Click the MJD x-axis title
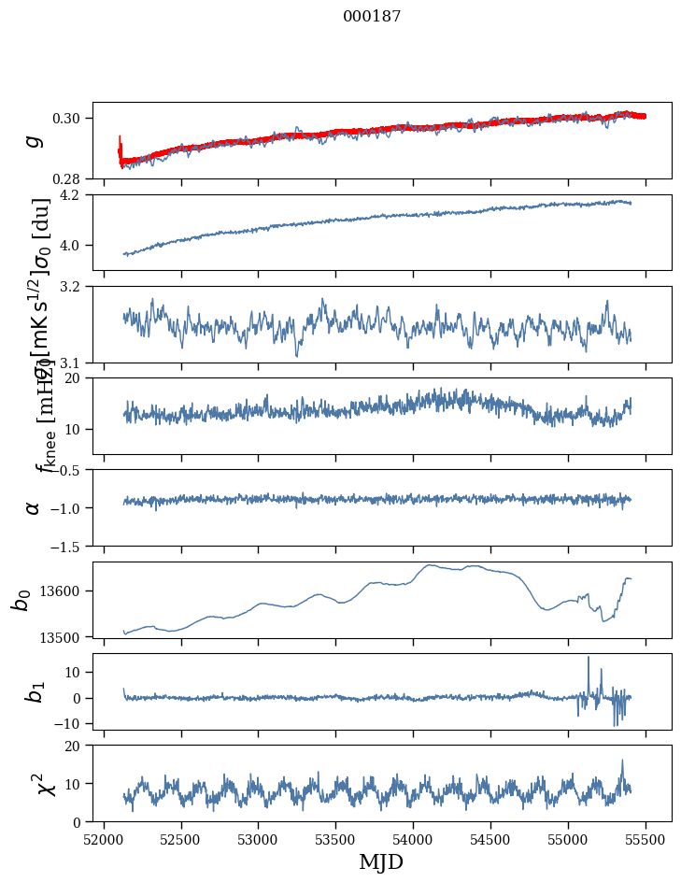(x=381, y=861)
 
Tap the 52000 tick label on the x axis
(x=104, y=839)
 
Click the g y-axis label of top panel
(x=34, y=140)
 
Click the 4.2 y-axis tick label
(x=76, y=195)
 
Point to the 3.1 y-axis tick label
(x=76, y=363)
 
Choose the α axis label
(x=34, y=507)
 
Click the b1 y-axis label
(x=34, y=692)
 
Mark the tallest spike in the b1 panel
(x=589, y=658)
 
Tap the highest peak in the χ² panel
(x=622, y=761)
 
